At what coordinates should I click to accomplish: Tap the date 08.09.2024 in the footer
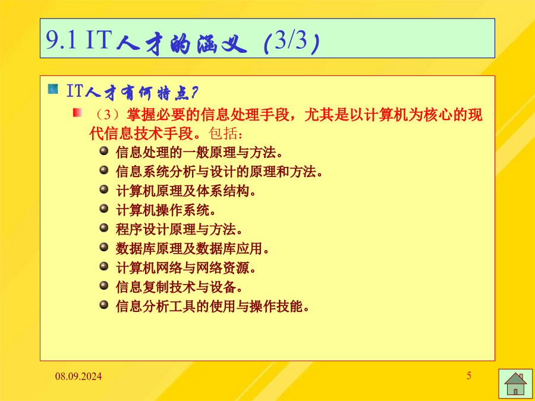pyautogui.click(x=78, y=377)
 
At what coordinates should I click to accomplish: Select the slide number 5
pyautogui.click(x=469, y=376)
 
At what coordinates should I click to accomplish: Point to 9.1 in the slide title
pyautogui.click(x=61, y=40)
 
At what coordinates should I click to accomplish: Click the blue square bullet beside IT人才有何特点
pyautogui.click(x=53, y=89)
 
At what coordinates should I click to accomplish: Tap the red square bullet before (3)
pyautogui.click(x=77, y=112)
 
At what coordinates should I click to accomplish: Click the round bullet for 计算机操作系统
pyautogui.click(x=103, y=209)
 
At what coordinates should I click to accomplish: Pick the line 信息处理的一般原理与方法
pyautogui.click(x=199, y=153)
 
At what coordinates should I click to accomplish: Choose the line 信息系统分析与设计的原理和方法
pyautogui.click(x=219, y=172)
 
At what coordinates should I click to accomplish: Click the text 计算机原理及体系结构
pyautogui.click(x=186, y=191)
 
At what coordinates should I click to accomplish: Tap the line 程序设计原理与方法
pyautogui.click(x=179, y=230)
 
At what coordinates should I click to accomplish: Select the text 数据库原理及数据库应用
pyautogui.click(x=193, y=249)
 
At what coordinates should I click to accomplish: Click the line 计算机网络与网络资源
pyautogui.click(x=186, y=269)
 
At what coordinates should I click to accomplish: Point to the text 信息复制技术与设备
pyautogui.click(x=179, y=288)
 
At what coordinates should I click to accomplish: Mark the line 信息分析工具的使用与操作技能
pyautogui.click(x=213, y=307)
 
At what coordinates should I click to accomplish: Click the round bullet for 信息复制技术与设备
pyautogui.click(x=103, y=285)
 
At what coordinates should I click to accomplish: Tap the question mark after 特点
pyautogui.click(x=194, y=93)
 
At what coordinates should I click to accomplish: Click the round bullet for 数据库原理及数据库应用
pyautogui.click(x=103, y=247)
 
